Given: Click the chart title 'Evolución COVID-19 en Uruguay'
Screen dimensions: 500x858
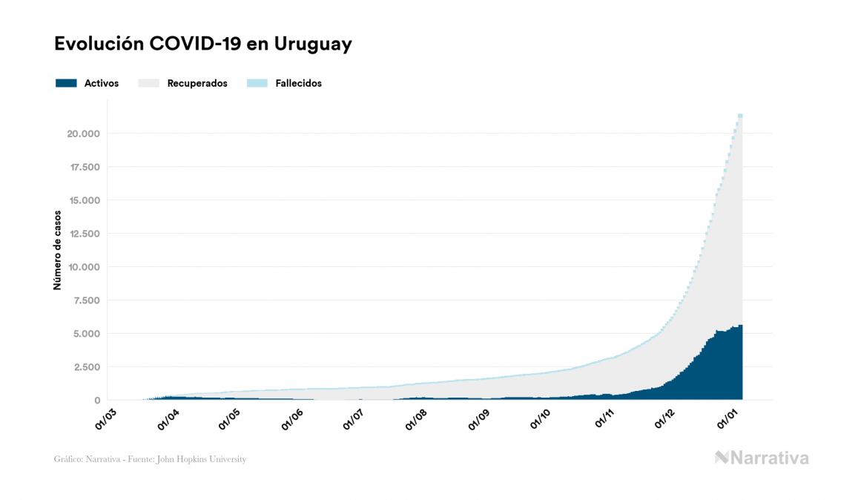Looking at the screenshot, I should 202,45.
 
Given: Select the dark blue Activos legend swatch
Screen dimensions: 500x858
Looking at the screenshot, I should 66,83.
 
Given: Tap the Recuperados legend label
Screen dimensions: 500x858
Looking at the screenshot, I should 197,83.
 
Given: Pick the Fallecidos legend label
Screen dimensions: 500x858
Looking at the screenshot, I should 298,83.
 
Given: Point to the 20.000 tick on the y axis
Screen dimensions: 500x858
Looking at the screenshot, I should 83,134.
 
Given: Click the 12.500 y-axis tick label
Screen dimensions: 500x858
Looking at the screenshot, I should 83,234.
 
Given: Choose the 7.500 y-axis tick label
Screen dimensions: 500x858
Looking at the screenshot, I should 85,300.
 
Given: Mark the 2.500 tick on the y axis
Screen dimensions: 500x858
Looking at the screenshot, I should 85,367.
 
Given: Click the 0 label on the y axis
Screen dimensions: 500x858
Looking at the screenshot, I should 96,401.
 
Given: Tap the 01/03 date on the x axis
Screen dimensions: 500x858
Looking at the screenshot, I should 105,419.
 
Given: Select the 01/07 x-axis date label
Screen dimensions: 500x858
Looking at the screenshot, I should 352,419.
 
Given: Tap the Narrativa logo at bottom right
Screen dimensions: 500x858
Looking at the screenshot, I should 762,458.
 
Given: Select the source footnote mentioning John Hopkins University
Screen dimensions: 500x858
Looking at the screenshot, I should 150,459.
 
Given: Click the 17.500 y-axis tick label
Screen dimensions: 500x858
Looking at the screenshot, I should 83,167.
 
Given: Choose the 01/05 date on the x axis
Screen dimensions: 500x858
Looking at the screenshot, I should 228,419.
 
